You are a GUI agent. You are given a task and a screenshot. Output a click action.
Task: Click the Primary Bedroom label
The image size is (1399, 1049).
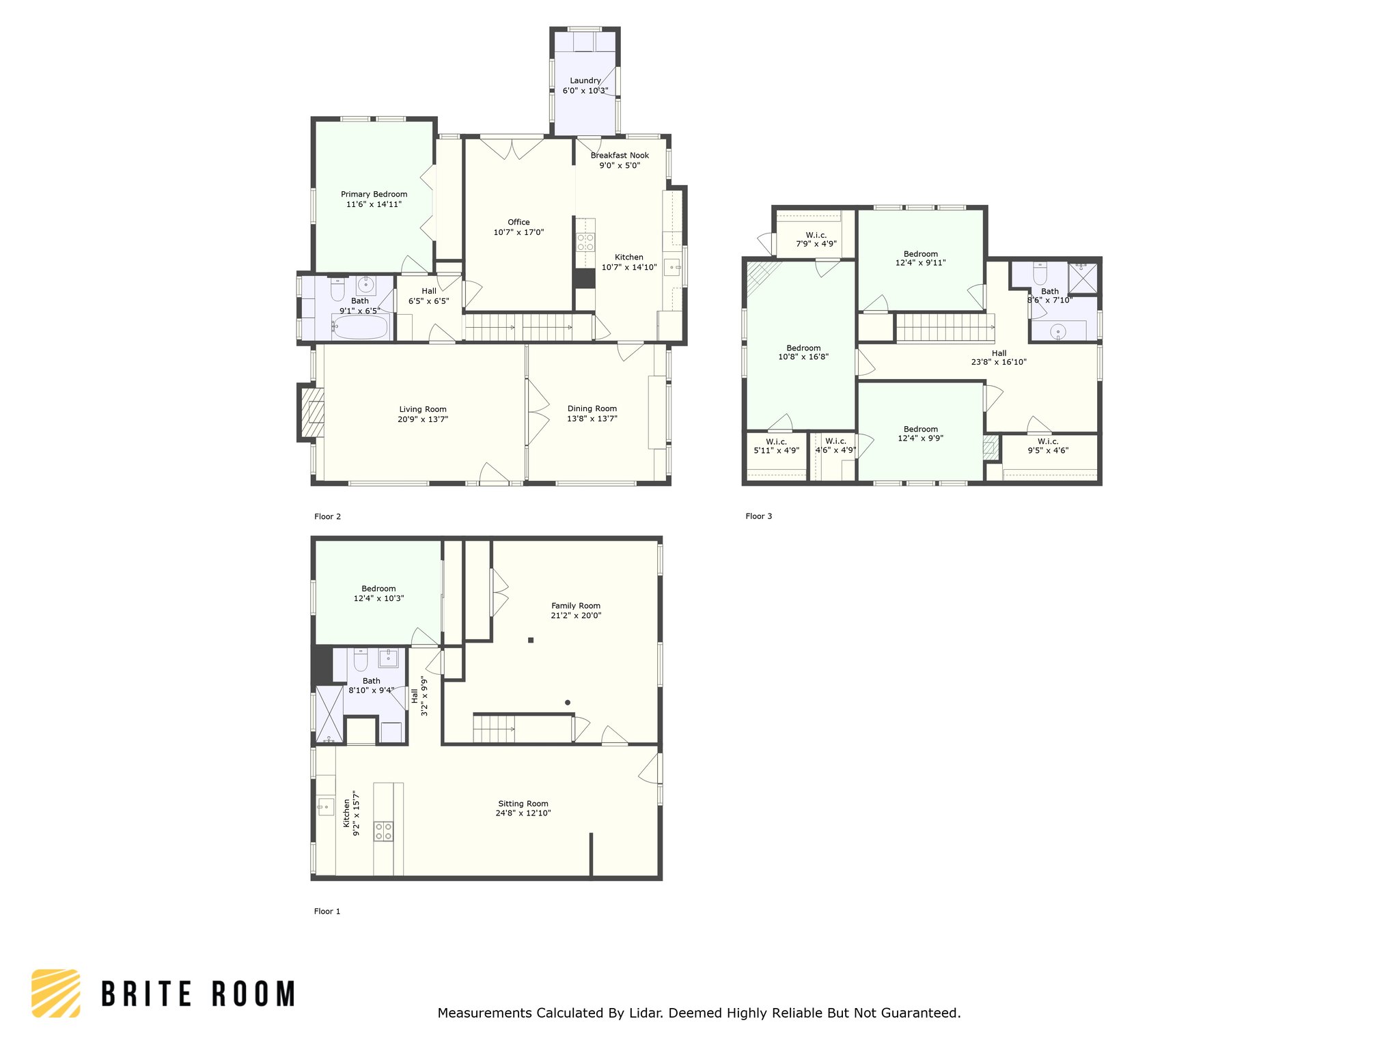(374, 194)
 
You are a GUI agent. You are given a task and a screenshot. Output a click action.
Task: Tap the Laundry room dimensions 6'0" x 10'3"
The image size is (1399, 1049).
(585, 90)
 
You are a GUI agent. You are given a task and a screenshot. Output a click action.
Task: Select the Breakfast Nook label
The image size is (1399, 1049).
(620, 155)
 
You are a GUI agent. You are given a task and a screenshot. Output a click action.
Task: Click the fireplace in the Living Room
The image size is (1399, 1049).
(311, 412)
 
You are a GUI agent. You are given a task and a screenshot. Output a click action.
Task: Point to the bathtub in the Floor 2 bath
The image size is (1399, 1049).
(360, 326)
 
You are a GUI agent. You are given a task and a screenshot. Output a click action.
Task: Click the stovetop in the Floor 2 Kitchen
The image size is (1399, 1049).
(585, 242)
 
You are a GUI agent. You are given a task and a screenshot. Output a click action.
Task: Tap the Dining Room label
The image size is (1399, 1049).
(592, 408)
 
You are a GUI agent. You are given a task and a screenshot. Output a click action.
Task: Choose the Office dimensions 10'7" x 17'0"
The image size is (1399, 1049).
(518, 232)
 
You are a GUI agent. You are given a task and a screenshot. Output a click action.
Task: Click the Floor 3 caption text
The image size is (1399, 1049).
(758, 516)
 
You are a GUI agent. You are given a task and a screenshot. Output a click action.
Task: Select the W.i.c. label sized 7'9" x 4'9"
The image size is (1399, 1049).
(816, 235)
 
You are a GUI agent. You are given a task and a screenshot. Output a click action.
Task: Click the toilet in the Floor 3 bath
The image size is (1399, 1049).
(1040, 273)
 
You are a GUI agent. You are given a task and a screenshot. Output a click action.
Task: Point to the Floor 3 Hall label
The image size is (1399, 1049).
(999, 353)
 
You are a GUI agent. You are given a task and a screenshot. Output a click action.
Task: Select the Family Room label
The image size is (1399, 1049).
(576, 606)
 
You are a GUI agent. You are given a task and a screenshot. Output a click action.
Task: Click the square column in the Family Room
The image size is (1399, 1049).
(531, 640)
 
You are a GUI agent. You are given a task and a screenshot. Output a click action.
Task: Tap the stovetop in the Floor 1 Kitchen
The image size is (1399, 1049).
(383, 831)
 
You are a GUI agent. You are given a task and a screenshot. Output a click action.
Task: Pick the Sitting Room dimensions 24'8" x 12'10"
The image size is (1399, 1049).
(523, 813)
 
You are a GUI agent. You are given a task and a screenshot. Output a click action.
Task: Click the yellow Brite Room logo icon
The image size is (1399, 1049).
(56, 993)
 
